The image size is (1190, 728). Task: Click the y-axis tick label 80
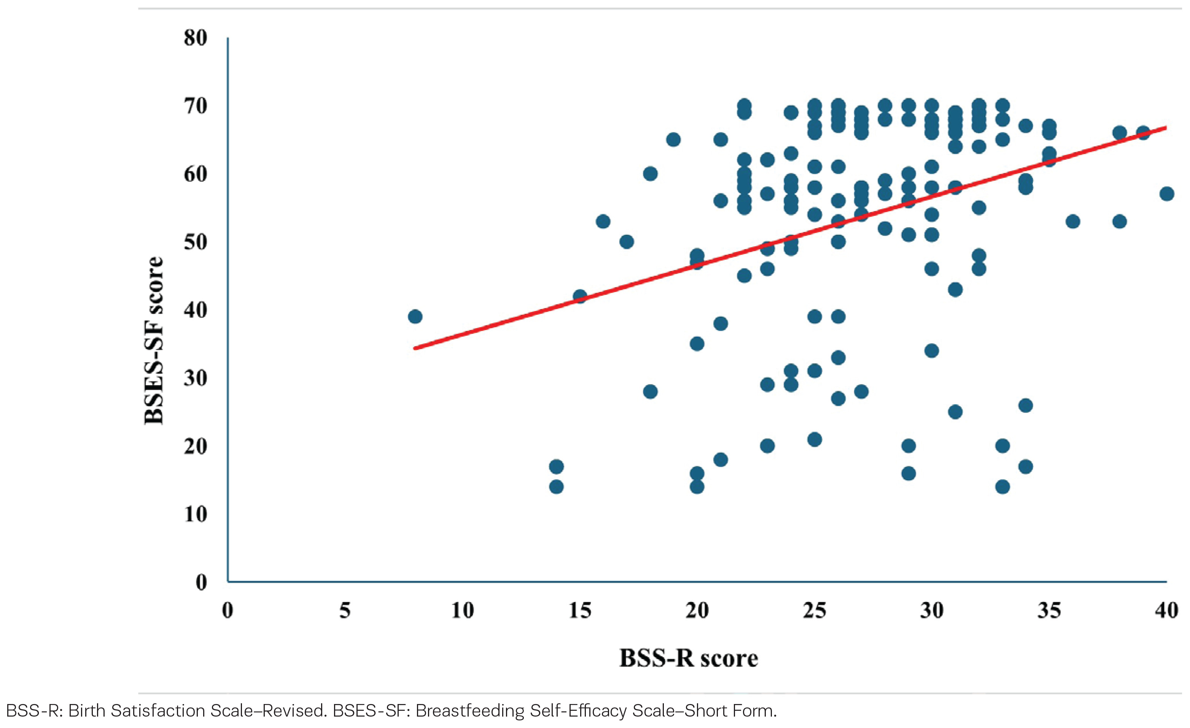pos(195,38)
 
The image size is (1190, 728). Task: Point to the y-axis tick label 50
pos(195,242)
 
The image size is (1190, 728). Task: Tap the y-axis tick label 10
pos(195,514)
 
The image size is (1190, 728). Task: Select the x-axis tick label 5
pos(345,611)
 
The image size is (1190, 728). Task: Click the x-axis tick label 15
pos(579,611)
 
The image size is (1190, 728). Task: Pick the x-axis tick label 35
pos(1049,611)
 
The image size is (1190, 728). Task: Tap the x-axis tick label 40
pos(1166,611)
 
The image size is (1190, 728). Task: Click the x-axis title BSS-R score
pos(689,658)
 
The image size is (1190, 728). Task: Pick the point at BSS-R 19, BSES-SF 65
pos(673,140)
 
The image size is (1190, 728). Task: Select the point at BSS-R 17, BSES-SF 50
pos(627,242)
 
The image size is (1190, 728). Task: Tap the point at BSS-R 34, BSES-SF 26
pos(1026,405)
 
